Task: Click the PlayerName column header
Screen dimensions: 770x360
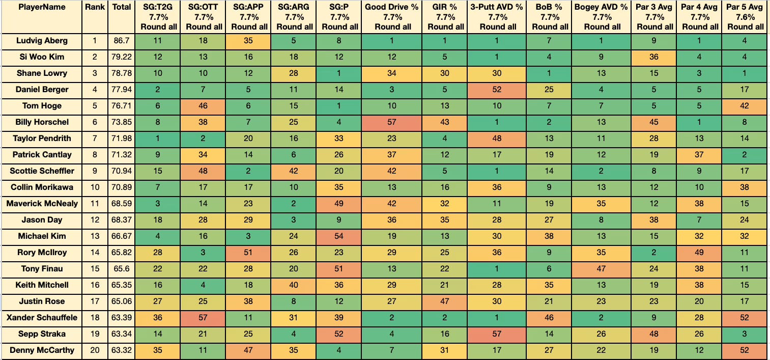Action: [42, 7]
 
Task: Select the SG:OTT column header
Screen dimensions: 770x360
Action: [203, 17]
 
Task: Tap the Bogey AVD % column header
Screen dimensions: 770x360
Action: [601, 17]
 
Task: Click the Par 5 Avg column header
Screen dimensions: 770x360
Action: [745, 17]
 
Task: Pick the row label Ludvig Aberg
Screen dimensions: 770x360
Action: [42, 41]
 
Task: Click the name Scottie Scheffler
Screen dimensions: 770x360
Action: [42, 171]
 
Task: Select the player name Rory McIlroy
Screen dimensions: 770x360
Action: [42, 253]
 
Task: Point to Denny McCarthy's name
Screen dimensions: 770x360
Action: [42, 350]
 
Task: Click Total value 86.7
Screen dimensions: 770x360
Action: [121, 41]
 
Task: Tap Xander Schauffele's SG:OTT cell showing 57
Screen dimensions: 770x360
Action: [203, 317]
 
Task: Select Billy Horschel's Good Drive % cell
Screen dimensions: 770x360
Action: [391, 122]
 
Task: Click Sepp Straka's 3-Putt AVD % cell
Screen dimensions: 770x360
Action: [496, 334]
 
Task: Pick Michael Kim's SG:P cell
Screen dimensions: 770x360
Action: [338, 236]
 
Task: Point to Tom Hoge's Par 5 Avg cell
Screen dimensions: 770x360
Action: [745, 105]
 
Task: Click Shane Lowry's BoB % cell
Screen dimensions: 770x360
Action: [549, 73]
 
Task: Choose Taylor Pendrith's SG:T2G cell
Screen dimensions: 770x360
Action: [157, 138]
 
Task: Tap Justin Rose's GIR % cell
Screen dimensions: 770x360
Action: [444, 301]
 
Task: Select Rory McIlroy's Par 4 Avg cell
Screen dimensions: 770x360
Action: [699, 253]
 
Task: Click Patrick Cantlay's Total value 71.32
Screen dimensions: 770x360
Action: [121, 155]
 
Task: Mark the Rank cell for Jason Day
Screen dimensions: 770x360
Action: [95, 219]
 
